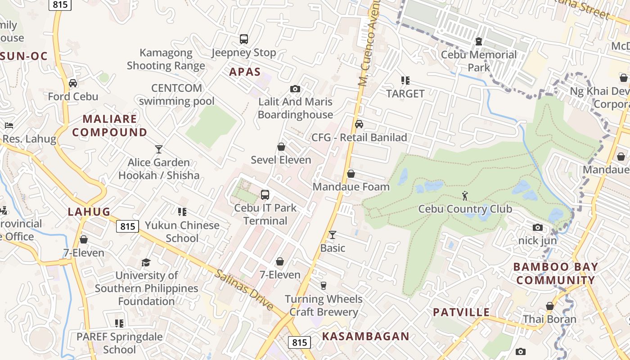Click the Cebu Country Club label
[465, 209]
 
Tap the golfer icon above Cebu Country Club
[465, 196]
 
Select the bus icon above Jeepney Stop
[243, 39]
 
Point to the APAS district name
[245, 72]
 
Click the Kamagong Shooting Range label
[166, 59]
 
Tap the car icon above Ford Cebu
[73, 83]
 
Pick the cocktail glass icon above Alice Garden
[158, 149]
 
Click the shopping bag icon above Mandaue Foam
[351, 174]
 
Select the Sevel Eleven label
[281, 160]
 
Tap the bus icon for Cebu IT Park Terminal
[265, 195]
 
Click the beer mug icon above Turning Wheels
[323, 286]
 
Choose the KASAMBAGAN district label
[365, 336]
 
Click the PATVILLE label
[461, 312]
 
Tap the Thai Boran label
[549, 319]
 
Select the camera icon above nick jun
[538, 228]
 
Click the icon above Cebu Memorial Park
[479, 42]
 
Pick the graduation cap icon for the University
[146, 262]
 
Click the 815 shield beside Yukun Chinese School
[127, 226]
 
